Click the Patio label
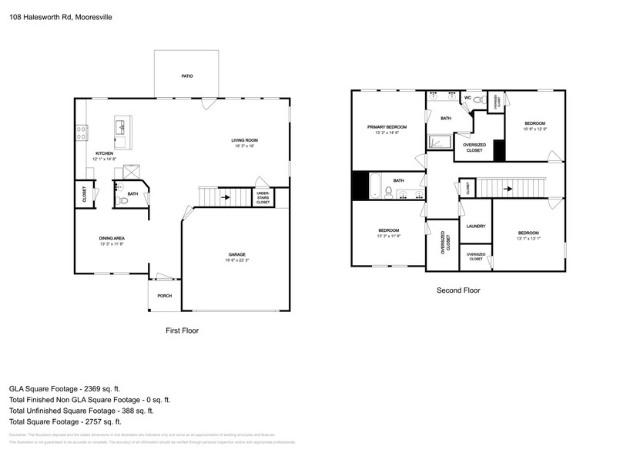[x=186, y=76]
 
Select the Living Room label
[x=245, y=140]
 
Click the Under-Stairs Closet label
[x=263, y=198]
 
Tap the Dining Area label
[x=112, y=238]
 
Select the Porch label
[x=164, y=296]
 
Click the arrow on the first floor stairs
[x=224, y=197]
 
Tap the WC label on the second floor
[x=467, y=99]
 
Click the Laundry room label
[x=475, y=226]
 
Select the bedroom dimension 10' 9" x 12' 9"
[x=535, y=129]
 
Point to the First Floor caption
[x=183, y=330]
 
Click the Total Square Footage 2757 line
[x=65, y=421]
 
